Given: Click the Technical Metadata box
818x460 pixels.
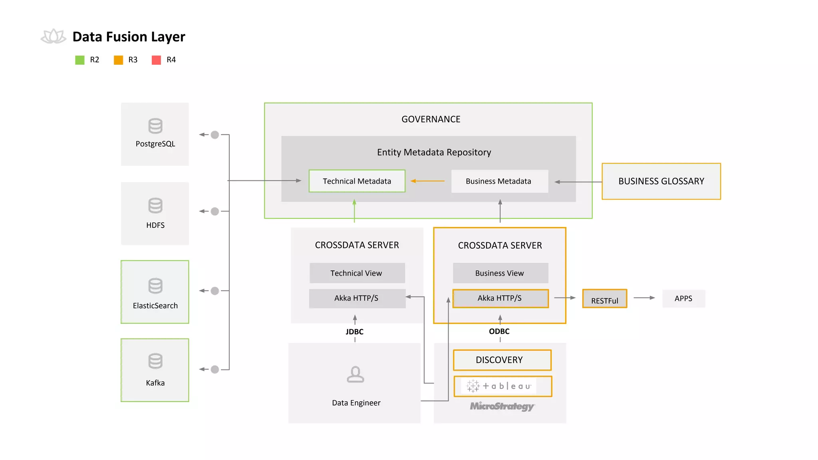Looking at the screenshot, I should [357, 181].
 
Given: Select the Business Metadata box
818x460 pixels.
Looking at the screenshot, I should [499, 181].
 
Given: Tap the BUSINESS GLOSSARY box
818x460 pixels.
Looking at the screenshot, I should [661, 181].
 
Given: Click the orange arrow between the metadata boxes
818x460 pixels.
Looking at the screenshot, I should [427, 181].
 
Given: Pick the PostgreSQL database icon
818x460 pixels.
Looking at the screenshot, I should [155, 126].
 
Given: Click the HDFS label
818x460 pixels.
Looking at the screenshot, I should [155, 225].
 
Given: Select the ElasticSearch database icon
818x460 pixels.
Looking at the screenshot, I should [155, 286].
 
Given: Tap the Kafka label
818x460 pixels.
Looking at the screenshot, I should [155, 383].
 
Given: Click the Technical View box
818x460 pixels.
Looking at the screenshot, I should [357, 273].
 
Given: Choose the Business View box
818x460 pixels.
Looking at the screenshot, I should [500, 273].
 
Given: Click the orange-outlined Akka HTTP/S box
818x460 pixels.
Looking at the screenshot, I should [500, 298].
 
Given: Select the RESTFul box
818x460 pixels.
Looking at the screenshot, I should [604, 299].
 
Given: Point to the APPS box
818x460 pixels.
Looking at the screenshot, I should [683, 299].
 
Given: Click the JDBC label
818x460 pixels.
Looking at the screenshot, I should [355, 332].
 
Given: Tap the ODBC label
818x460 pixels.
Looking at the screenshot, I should [499, 331].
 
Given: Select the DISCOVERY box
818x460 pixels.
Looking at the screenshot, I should [502, 360].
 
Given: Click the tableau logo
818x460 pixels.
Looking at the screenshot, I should [499, 386].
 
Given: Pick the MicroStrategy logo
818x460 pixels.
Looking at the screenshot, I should [502, 406].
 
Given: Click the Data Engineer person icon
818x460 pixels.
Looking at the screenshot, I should [355, 375].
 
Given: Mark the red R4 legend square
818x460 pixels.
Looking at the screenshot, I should [157, 60].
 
